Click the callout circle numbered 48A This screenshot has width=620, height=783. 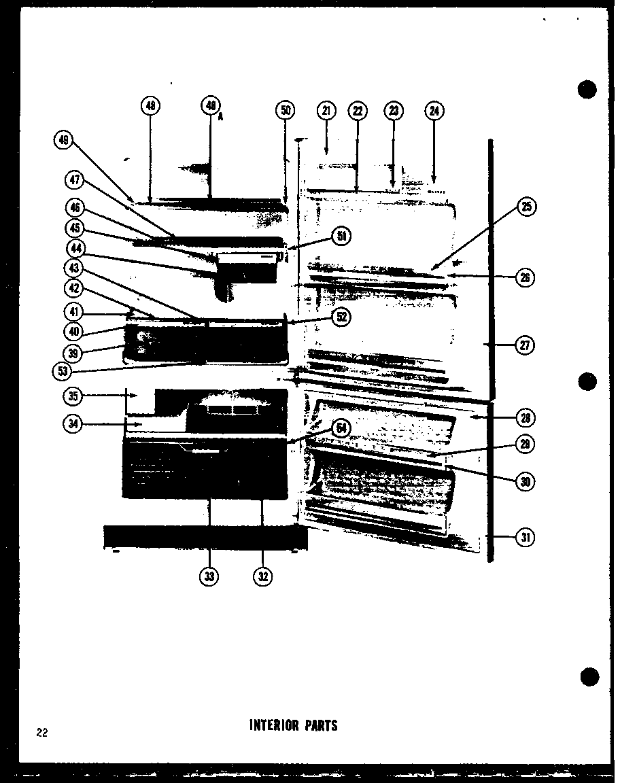[x=211, y=106]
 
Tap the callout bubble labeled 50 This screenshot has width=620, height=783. [x=286, y=110]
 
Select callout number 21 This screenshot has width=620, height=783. [x=326, y=110]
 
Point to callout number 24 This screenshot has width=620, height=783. [x=434, y=110]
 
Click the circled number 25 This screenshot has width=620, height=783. [x=526, y=207]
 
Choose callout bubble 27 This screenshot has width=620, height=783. [x=525, y=345]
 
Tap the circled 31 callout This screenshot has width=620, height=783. [x=525, y=538]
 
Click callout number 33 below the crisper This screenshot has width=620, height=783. [x=209, y=576]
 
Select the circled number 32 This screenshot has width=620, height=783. [x=262, y=576]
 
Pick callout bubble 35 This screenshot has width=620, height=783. [x=73, y=395]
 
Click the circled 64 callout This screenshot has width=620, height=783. [x=341, y=428]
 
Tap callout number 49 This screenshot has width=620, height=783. [x=64, y=140]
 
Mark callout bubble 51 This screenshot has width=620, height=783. [x=341, y=236]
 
